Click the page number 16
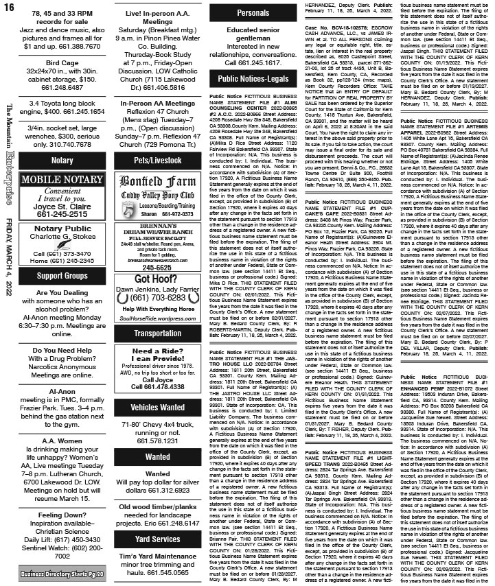10,9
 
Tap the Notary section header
62,160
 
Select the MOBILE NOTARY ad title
62,180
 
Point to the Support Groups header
62,275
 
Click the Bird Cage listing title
62,62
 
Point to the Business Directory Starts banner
62,573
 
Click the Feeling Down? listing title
62,515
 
